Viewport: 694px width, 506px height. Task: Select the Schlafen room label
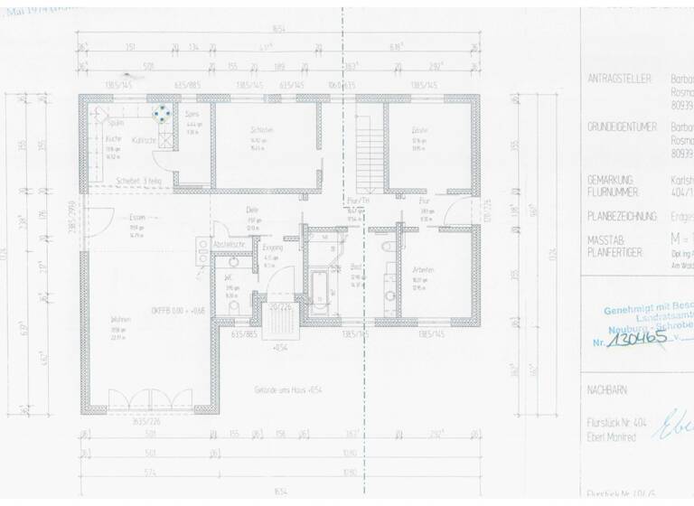point(262,129)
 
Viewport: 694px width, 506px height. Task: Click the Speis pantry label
point(192,116)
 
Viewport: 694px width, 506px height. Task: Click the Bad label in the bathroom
point(355,268)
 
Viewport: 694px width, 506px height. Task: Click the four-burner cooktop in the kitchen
point(162,113)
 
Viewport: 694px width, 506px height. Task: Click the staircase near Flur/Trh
point(370,159)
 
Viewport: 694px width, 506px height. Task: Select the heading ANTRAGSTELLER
point(619,80)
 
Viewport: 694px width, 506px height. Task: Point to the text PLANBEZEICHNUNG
point(624,219)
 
